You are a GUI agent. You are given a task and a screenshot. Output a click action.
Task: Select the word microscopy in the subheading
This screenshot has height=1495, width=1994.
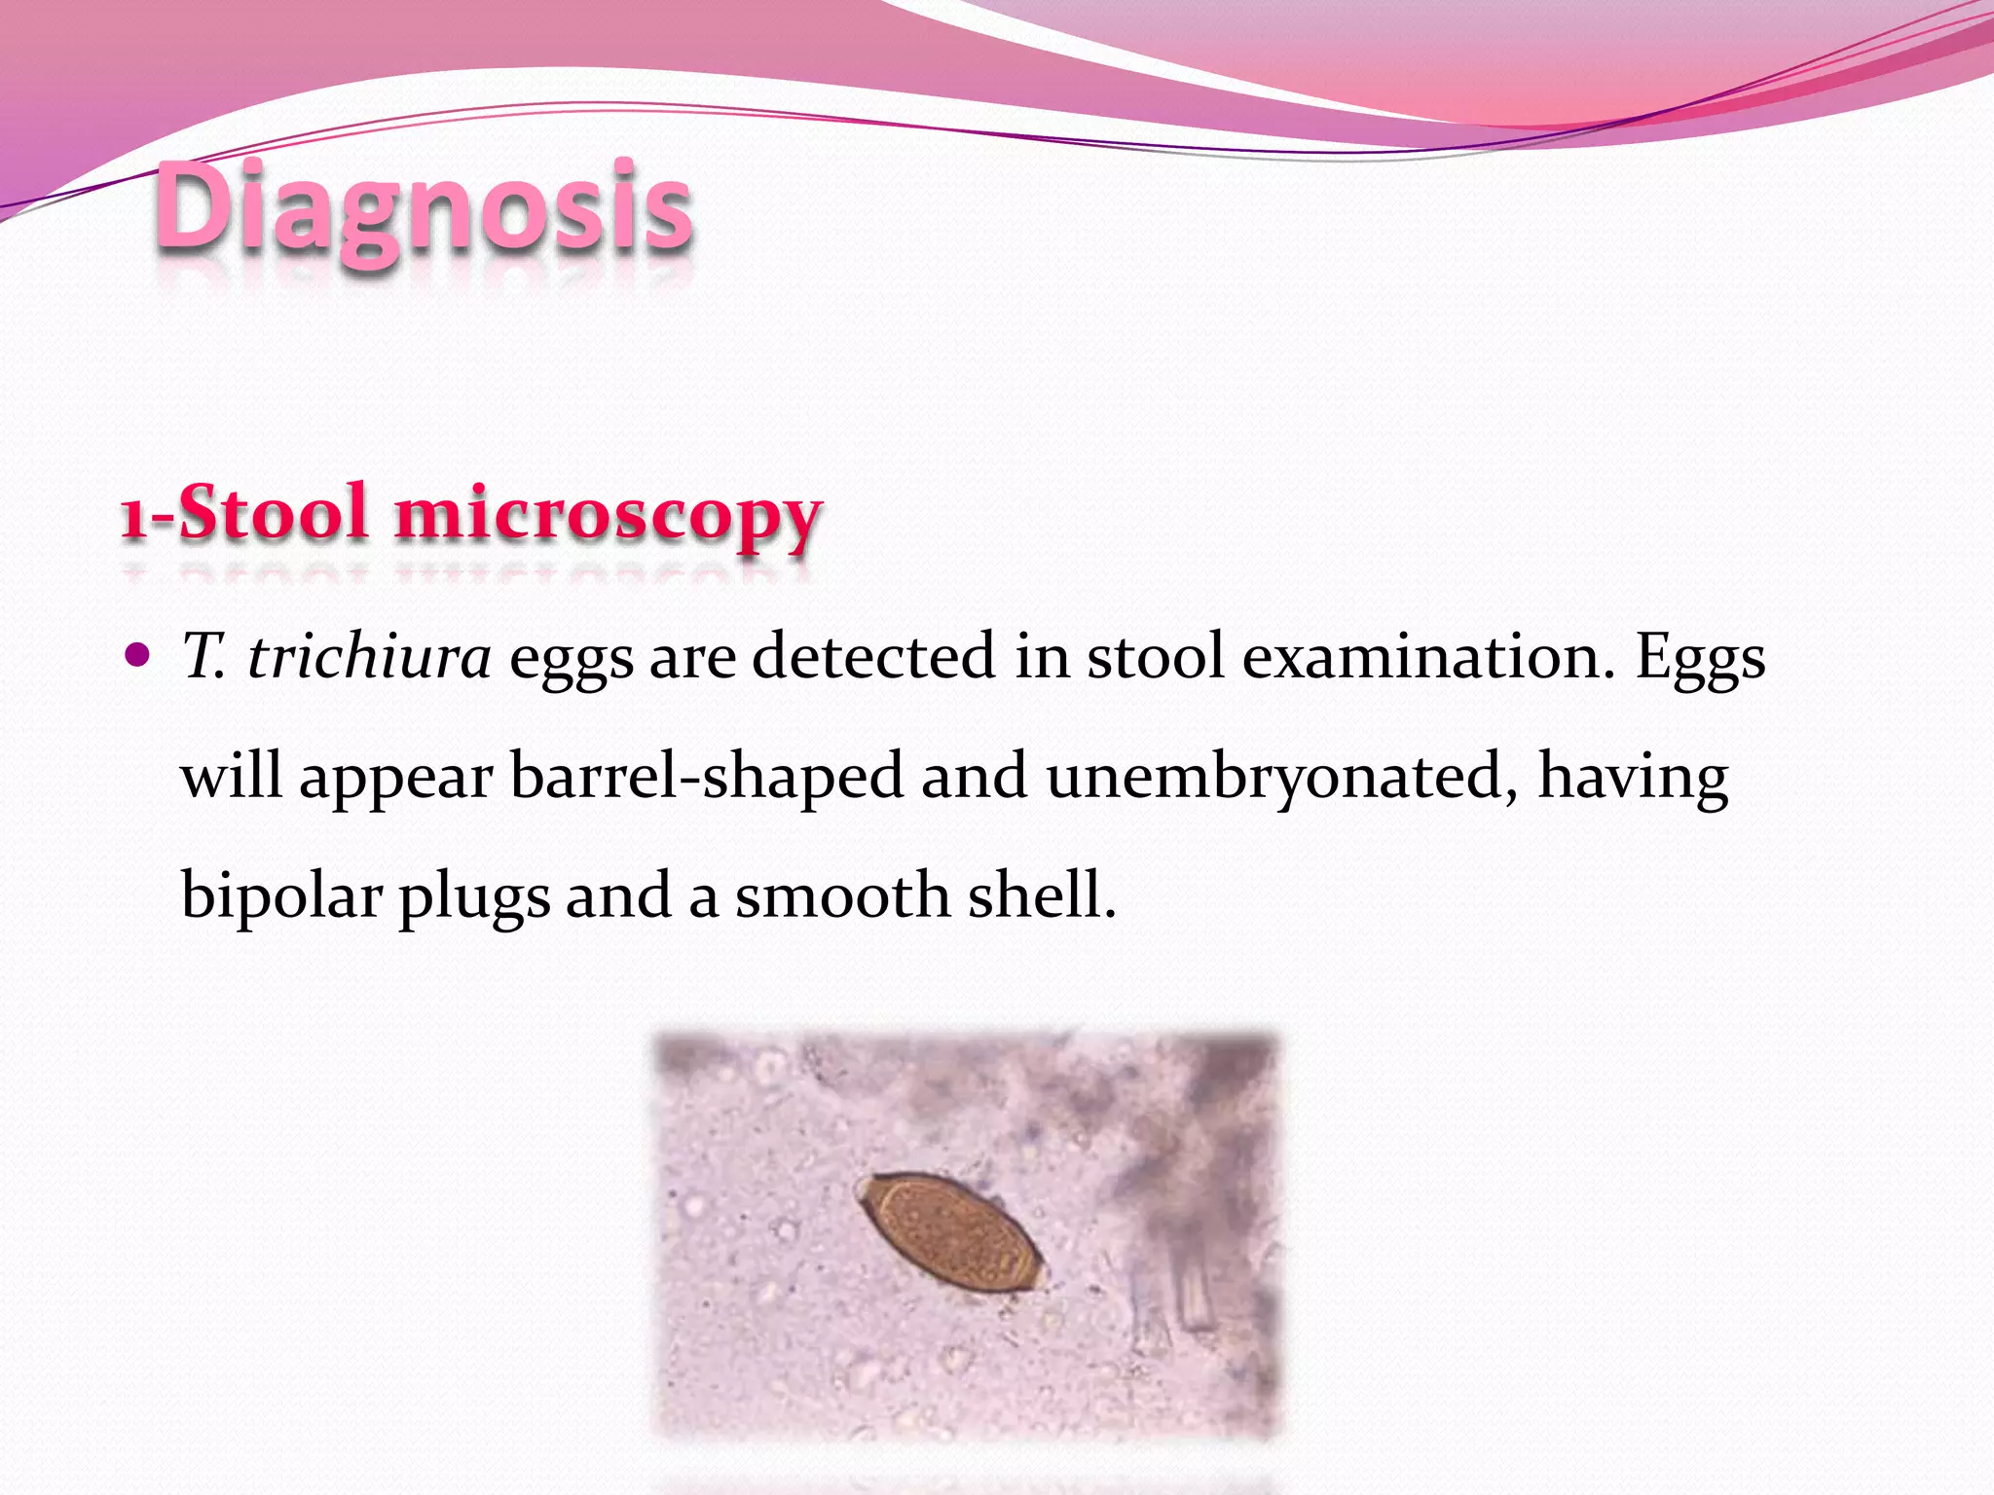pos(608,516)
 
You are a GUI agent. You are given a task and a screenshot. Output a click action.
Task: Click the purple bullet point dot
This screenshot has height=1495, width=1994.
pos(138,654)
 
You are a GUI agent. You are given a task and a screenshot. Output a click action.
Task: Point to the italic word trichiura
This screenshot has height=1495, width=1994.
pos(369,656)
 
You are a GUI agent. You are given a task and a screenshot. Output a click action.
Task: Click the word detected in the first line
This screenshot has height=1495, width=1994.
pos(873,656)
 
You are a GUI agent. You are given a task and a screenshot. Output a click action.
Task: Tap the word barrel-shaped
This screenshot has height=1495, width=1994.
pos(706,776)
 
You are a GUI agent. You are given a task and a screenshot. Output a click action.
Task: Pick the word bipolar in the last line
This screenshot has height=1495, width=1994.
pos(281,895)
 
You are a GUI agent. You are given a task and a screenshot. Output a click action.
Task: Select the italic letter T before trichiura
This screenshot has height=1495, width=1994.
pos(203,656)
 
